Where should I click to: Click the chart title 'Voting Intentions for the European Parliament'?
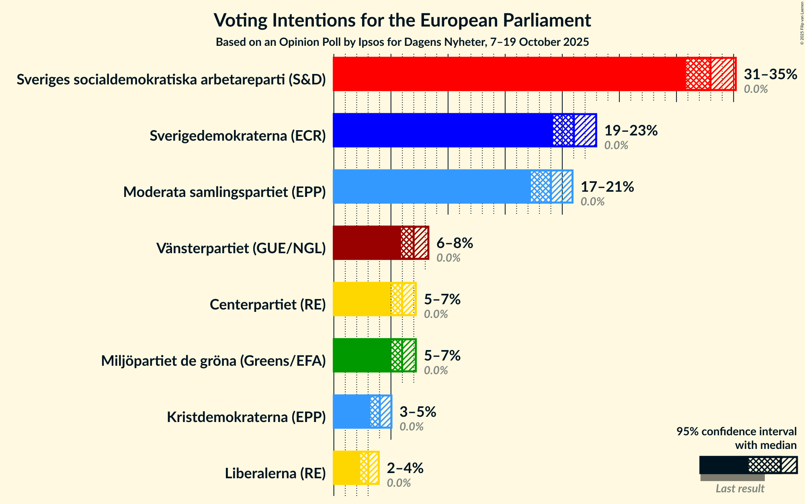coord(402,20)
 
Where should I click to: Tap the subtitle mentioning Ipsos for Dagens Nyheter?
coord(402,42)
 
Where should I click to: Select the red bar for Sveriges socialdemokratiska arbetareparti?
coord(508,74)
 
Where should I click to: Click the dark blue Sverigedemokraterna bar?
coord(442,130)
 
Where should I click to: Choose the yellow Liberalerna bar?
coord(346,468)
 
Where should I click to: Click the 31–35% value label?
coord(770,74)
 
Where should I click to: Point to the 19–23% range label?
coord(631,131)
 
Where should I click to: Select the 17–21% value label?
coord(607,187)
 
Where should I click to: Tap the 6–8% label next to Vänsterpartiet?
coord(455,243)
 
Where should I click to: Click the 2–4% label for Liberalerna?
coord(405,468)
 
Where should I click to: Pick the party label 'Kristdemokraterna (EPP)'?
coord(246,417)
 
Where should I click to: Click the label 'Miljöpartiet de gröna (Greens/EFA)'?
coord(213,361)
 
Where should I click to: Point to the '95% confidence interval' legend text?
coord(736,432)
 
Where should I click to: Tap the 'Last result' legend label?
coord(739,489)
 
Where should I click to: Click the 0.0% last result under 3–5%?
coord(411,427)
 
